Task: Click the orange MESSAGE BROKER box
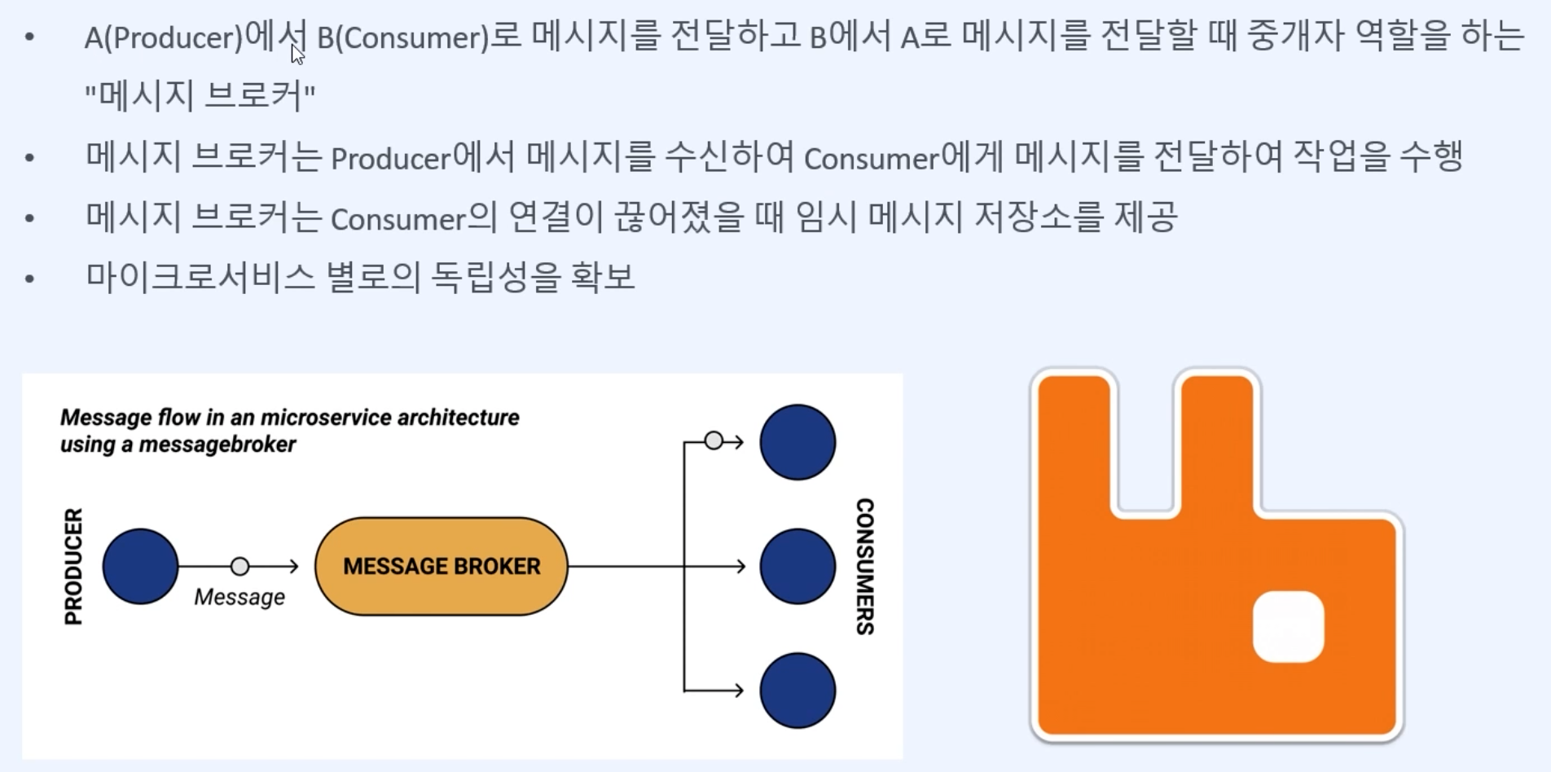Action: click(441, 566)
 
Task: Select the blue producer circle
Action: click(140, 566)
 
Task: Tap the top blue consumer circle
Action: click(797, 442)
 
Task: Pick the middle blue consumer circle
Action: click(797, 566)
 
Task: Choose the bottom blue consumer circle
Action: click(797, 691)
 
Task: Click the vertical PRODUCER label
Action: click(73, 566)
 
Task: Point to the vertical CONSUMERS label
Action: click(864, 566)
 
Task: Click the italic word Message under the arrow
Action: click(239, 597)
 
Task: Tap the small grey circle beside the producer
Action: click(239, 566)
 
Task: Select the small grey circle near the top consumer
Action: click(714, 441)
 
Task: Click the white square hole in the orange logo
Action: click(1288, 626)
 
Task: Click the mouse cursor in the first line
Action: click(297, 55)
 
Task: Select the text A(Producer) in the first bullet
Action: click(163, 37)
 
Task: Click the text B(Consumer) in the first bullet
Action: click(402, 37)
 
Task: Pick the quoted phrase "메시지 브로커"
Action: click(200, 96)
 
